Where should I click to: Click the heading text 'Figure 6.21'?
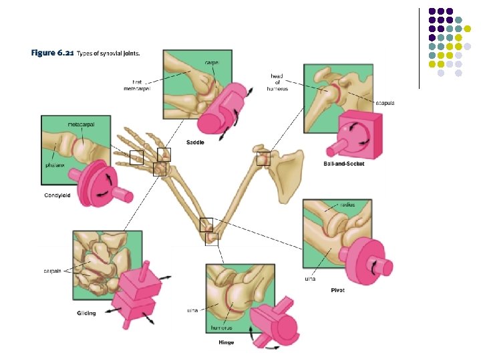(x=52, y=53)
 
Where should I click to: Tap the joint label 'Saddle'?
(x=195, y=142)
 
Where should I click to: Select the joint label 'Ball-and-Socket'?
(x=343, y=164)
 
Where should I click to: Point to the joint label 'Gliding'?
(x=85, y=313)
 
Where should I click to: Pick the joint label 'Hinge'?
(x=226, y=342)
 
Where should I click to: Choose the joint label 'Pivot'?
(x=337, y=290)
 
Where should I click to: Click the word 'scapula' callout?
(x=385, y=103)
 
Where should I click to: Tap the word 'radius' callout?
(x=347, y=205)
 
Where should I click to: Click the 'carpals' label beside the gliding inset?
(x=53, y=271)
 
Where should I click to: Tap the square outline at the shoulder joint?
(x=263, y=158)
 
